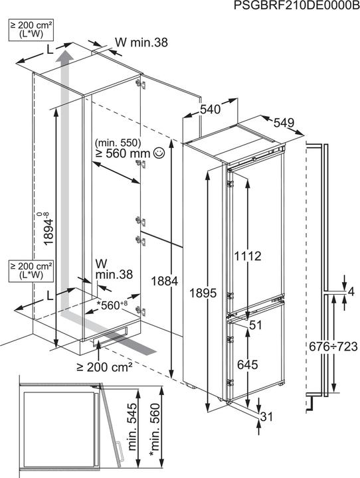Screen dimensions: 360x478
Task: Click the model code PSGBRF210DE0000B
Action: point(296,5)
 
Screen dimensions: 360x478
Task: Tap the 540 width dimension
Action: point(210,109)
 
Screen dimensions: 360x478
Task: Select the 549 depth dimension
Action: point(284,123)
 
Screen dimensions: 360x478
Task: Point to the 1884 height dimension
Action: point(165,281)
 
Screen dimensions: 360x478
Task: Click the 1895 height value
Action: point(203,293)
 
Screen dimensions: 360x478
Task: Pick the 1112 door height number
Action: point(248,256)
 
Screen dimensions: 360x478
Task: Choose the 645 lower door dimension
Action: point(248,364)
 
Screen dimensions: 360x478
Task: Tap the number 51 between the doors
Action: point(256,325)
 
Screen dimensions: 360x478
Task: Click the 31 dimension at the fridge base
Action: point(266,416)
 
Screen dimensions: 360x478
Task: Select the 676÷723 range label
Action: point(333,347)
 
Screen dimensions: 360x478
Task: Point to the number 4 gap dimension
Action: point(351,291)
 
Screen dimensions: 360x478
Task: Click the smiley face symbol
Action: point(159,153)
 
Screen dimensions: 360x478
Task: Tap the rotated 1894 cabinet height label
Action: point(48,228)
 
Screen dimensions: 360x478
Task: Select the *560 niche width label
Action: point(112,305)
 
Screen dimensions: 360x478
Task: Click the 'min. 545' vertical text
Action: point(132,427)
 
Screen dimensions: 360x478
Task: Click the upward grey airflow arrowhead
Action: point(64,56)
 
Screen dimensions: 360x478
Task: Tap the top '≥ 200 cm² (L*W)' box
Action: point(31,30)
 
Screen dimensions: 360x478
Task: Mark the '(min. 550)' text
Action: point(118,142)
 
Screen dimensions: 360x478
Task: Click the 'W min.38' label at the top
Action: point(141,42)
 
